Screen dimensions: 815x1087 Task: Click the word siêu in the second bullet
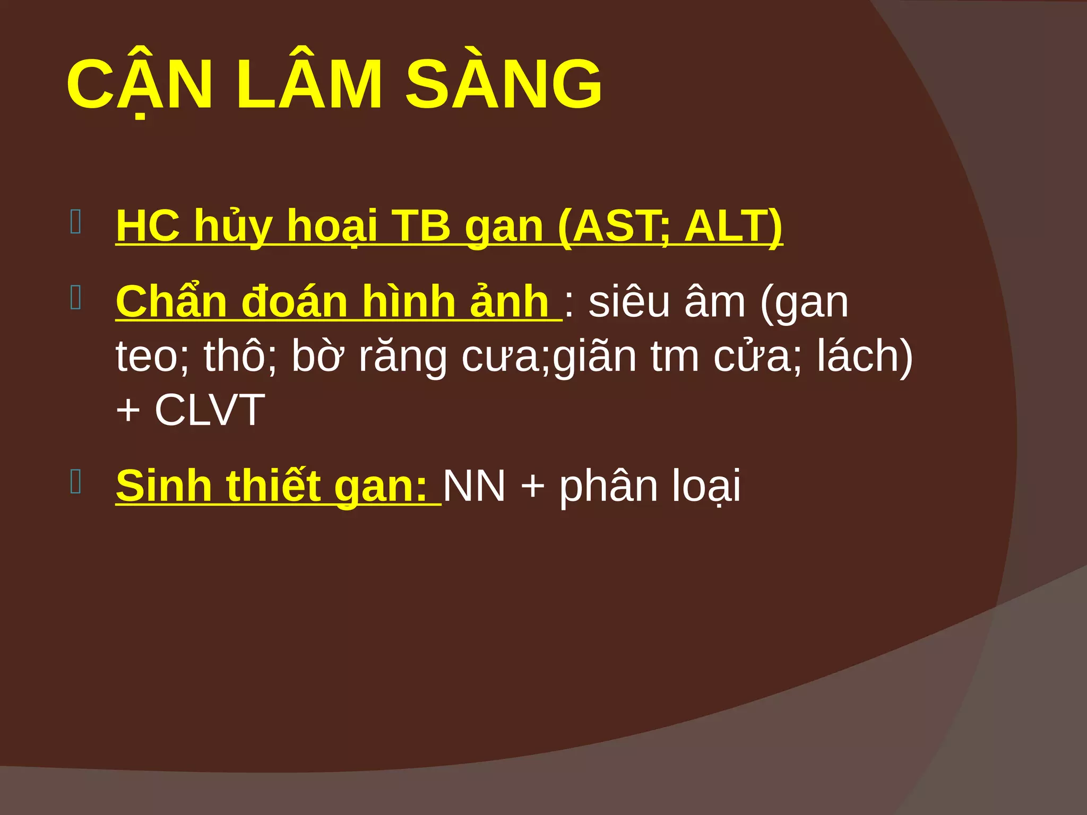pos(629,303)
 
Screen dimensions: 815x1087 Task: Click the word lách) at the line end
pos(865,357)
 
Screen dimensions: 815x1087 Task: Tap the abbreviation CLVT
pos(210,410)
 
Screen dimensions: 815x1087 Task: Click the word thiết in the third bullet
pos(274,486)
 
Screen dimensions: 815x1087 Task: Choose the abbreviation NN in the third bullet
pos(474,486)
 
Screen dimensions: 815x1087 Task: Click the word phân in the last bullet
pos(608,487)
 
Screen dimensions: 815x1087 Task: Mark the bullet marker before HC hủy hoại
pos(75,222)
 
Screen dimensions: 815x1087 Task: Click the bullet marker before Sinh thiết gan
pos(75,482)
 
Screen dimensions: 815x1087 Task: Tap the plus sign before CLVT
pos(128,411)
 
